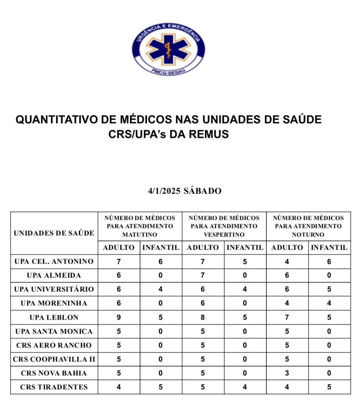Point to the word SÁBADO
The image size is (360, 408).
202,191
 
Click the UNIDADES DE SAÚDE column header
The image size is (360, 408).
54,233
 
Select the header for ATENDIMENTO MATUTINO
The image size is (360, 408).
140,226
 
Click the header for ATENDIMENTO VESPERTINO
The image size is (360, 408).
224,226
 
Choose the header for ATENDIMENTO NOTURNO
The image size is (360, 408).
308,226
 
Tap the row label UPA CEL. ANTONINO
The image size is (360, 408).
54,261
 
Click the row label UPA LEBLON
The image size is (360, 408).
54,318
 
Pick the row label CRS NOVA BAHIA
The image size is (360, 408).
54,373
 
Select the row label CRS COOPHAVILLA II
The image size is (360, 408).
54,359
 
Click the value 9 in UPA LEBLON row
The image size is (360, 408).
119,318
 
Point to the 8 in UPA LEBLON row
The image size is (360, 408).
203,318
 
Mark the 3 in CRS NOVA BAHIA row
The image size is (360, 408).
287,373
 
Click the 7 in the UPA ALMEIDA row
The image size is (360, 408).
203,275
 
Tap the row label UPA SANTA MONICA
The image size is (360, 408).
54,331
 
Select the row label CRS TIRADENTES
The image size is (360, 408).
54,387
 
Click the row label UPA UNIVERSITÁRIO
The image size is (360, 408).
54,289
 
